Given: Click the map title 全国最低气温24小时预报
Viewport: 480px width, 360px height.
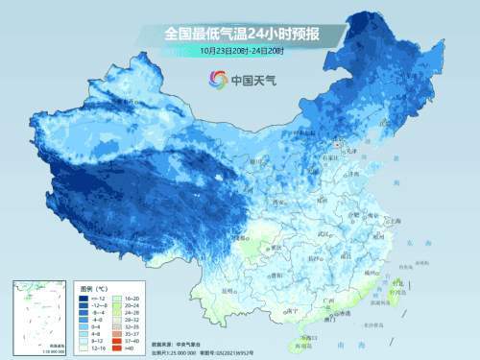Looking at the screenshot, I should click(x=241, y=34).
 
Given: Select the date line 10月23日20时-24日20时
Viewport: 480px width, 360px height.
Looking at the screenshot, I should click(x=241, y=50).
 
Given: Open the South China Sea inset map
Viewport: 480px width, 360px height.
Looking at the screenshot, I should click(x=36, y=316).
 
